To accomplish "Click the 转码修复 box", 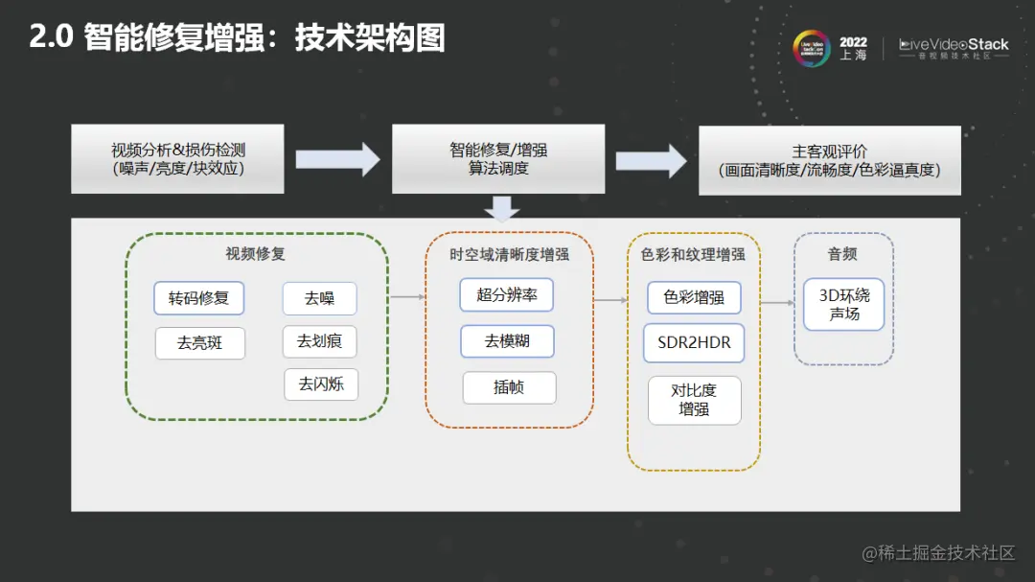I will pyautogui.click(x=199, y=298).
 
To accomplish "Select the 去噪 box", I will pyautogui.click(x=319, y=299).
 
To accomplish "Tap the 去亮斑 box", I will pyautogui.click(x=199, y=343).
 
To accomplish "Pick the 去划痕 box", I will pyautogui.click(x=319, y=341).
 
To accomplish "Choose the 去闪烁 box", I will pyautogui.click(x=321, y=384).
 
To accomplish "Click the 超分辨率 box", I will pyautogui.click(x=507, y=295).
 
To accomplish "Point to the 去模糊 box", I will pyautogui.click(x=507, y=341).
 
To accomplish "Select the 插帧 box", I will pyautogui.click(x=509, y=387).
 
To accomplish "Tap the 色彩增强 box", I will pyautogui.click(x=694, y=297).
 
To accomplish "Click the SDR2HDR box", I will pyautogui.click(x=694, y=343).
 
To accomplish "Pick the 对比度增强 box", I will pyautogui.click(x=694, y=400).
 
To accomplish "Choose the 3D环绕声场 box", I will pyautogui.click(x=843, y=304).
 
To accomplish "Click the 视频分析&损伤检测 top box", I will pyautogui.click(x=178, y=159).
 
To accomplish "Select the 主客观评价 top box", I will pyautogui.click(x=829, y=160).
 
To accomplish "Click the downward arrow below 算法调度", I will pyautogui.click(x=501, y=208).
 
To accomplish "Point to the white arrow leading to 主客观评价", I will pyautogui.click(x=651, y=159).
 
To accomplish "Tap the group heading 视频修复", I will pyautogui.click(x=255, y=254).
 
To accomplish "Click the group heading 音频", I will pyautogui.click(x=842, y=254).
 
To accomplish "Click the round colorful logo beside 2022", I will pyautogui.click(x=812, y=48).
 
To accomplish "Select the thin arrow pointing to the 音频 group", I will pyautogui.click(x=777, y=303).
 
